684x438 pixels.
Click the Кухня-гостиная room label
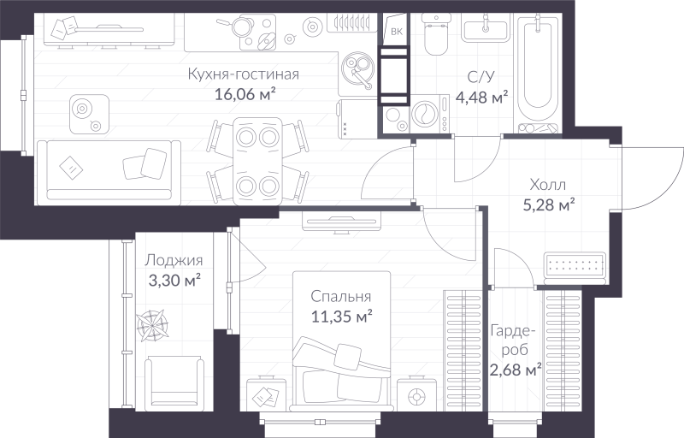(243, 74)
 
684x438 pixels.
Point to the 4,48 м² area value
(481, 96)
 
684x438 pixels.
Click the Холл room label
(548, 184)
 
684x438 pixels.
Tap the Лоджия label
(174, 261)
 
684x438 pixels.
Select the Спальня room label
(340, 296)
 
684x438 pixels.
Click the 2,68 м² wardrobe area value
(516, 370)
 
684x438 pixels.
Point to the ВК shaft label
(396, 33)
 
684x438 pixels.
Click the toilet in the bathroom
(437, 35)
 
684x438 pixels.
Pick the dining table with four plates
(257, 159)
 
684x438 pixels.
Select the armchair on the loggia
(174, 384)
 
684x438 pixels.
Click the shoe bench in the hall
(576, 266)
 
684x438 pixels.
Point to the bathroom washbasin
(487, 30)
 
